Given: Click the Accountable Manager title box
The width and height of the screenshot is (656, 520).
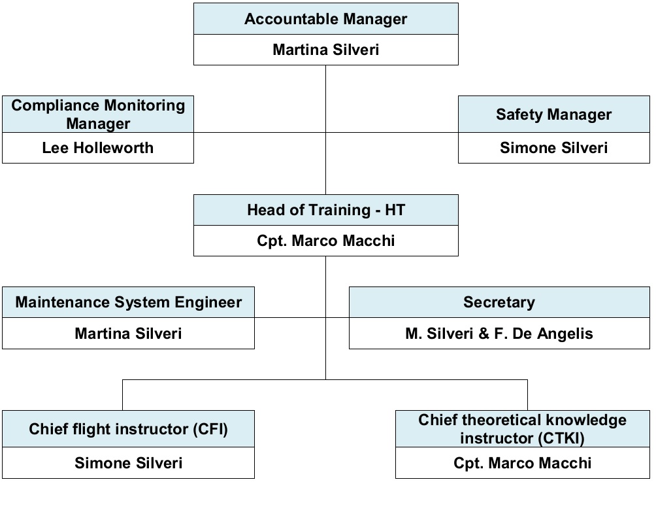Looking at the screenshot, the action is (326, 19).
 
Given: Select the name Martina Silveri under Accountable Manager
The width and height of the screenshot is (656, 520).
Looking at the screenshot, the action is (326, 50).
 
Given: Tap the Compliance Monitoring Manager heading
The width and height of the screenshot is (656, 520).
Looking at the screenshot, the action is (98, 114).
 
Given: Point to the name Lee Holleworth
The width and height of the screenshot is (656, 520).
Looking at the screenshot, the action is (98, 148).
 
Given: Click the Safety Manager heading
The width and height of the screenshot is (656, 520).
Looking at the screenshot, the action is (554, 114).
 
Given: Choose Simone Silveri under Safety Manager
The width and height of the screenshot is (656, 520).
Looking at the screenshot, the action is (554, 148).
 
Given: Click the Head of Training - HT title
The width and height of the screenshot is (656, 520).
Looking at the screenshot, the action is (326, 210).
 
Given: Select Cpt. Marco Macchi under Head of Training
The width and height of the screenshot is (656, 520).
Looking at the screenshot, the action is (326, 241).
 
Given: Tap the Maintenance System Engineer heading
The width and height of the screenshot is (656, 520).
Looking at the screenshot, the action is (129, 302).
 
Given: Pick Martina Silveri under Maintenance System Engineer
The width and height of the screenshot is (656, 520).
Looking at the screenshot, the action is (129, 334).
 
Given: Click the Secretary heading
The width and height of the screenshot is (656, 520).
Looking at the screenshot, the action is (500, 302).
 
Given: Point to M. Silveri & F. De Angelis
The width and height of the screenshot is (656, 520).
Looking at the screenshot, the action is (500, 334).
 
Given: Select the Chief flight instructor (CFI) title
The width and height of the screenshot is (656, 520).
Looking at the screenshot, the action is (129, 429).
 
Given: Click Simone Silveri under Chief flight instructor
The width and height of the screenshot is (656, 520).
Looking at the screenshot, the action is (129, 463).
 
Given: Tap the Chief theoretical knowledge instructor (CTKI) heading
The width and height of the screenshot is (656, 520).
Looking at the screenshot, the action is (523, 429).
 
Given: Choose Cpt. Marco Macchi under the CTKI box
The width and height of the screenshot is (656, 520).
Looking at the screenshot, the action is (523, 463).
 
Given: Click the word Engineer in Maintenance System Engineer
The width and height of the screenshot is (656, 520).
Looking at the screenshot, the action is (208, 303).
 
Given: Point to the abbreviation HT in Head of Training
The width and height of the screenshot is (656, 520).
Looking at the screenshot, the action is (395, 210).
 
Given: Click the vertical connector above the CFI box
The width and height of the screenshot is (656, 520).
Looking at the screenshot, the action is (123, 395).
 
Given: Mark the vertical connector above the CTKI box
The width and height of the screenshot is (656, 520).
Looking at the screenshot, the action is (527, 395).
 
